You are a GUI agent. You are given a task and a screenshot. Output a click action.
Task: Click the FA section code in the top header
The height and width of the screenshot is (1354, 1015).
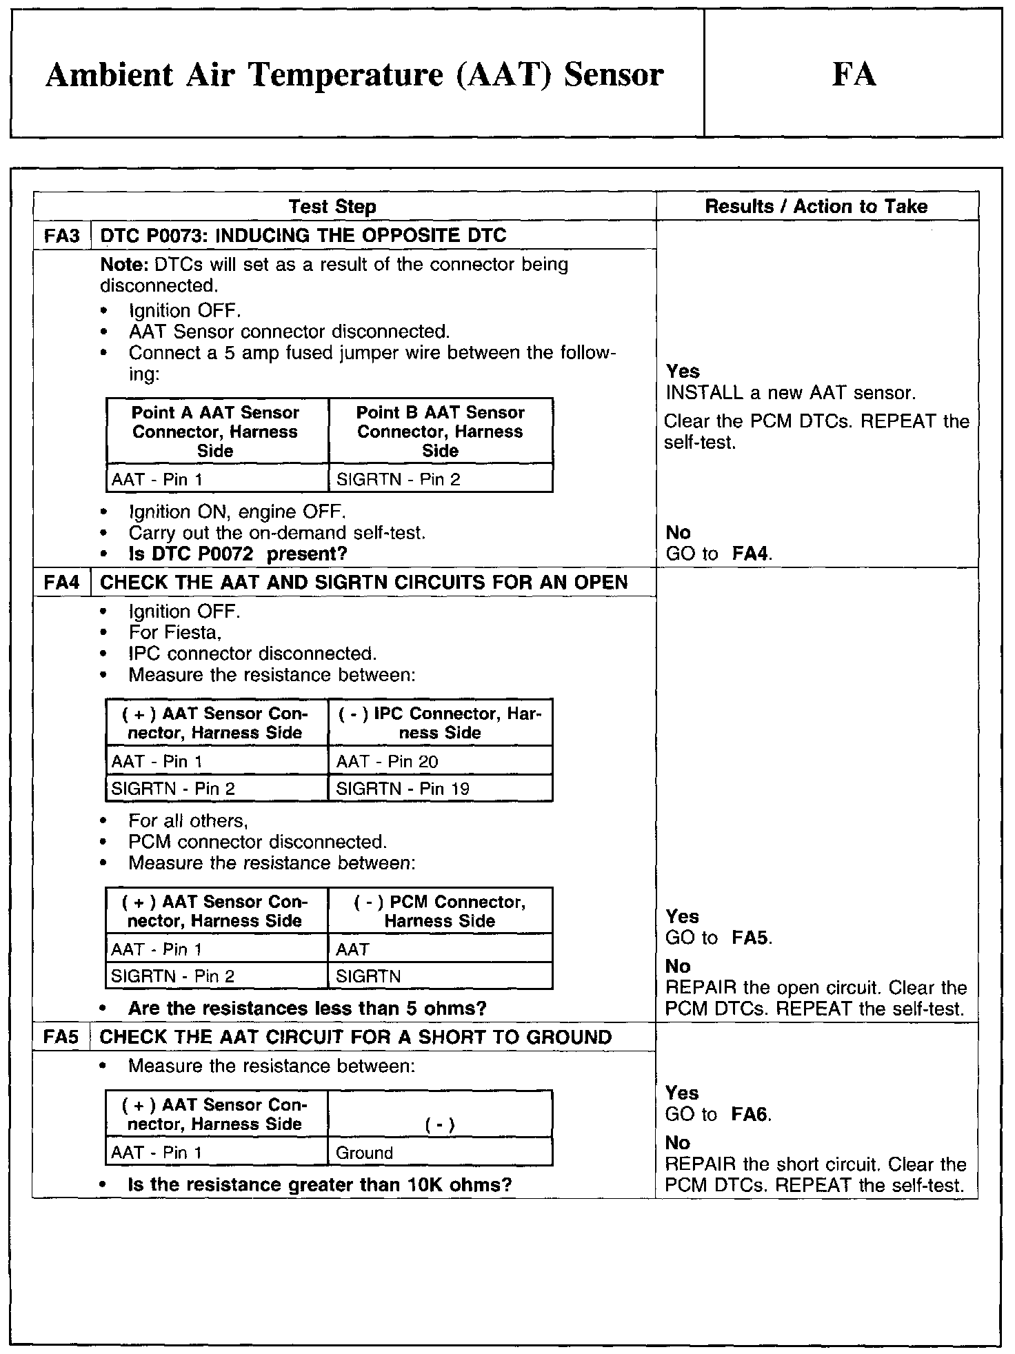coord(854,74)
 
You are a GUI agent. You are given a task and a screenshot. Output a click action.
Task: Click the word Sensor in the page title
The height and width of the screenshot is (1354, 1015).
coord(613,74)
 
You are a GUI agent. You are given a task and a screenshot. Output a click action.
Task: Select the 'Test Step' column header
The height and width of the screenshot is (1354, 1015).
coord(332,206)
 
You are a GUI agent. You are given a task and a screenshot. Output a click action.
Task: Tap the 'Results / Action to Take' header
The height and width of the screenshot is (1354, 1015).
coord(816,206)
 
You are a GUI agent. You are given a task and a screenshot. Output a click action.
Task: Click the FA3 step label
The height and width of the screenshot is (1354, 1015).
coord(62,236)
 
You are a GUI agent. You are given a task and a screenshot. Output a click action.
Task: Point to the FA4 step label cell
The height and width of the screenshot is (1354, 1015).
coord(62,583)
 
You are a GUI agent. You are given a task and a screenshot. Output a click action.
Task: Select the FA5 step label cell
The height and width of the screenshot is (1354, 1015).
coord(61,1037)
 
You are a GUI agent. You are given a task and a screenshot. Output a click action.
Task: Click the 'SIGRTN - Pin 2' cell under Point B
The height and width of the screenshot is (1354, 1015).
coord(398,479)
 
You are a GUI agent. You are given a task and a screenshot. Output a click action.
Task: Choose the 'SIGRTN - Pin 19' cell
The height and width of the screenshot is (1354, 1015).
coord(402,788)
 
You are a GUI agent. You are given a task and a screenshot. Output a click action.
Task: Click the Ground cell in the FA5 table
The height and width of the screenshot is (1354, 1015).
coord(364,1153)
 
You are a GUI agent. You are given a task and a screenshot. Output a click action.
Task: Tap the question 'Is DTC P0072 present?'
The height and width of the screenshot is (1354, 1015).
coord(238,554)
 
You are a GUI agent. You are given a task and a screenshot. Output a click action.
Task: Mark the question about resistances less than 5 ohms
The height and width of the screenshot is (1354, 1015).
coord(308,1008)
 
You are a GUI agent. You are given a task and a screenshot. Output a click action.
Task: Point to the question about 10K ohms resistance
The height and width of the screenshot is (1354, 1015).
coord(320,1184)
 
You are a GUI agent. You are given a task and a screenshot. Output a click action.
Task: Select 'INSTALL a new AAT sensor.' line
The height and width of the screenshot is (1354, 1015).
coord(791,393)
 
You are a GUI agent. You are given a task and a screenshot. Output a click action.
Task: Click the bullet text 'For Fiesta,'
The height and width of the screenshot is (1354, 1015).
coord(175,632)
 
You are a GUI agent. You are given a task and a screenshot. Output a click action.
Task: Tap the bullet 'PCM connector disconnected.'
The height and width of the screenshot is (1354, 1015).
coord(258,842)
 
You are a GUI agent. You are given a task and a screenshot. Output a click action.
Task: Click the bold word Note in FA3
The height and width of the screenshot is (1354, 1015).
coord(125,265)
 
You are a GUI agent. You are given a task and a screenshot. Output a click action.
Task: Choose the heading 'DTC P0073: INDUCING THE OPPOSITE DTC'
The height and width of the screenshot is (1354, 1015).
coord(303,236)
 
